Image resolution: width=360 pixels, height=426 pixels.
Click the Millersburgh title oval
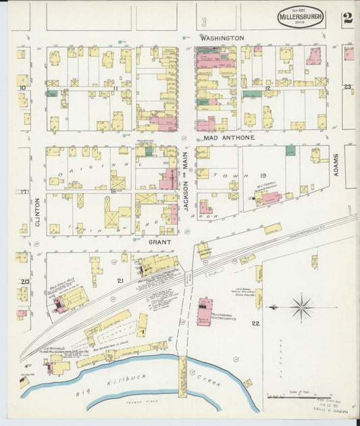300,17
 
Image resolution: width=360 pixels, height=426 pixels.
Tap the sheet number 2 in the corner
347,18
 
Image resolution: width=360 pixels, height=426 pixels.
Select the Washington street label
222,38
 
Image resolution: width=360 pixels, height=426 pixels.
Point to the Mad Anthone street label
229,138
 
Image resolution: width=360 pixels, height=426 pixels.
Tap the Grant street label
159,241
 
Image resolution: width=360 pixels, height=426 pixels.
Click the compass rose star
301,307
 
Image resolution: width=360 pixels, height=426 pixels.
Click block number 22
255,324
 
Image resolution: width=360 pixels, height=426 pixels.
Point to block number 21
120,280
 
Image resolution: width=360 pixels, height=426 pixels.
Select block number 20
24,282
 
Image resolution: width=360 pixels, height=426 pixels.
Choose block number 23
347,87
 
